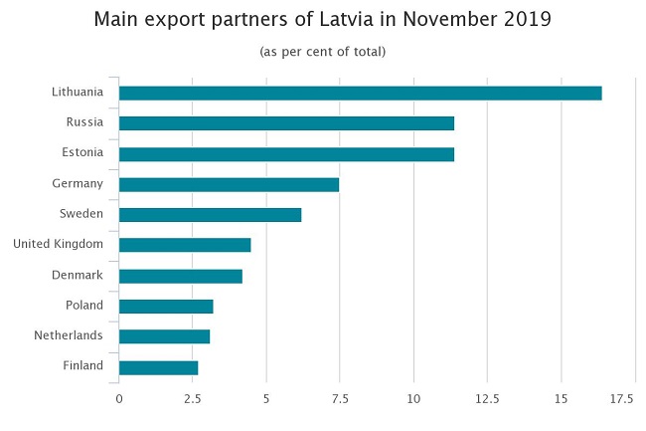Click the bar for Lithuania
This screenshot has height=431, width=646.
click(x=360, y=93)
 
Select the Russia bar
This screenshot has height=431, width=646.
click(x=286, y=123)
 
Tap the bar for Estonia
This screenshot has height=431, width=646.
click(x=286, y=154)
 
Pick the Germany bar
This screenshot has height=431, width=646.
click(x=229, y=184)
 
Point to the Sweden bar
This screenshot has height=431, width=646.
click(x=210, y=215)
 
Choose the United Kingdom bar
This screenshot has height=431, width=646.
click(x=185, y=245)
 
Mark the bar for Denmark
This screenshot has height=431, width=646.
click(x=180, y=276)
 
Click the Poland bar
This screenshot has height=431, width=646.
click(x=166, y=306)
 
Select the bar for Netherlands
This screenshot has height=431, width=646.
click(x=164, y=336)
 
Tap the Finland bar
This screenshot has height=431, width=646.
click(x=158, y=367)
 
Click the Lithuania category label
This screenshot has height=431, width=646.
click(x=78, y=93)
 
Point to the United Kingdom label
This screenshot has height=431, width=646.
click(x=58, y=245)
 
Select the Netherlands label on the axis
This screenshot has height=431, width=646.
click(x=68, y=336)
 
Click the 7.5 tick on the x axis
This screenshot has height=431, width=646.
click(x=340, y=399)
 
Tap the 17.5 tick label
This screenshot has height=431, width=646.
click(x=623, y=399)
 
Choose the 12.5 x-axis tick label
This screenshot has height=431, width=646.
click(x=487, y=399)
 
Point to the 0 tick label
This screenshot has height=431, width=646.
click(x=119, y=399)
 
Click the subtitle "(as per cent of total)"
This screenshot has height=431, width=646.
click(x=322, y=51)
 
